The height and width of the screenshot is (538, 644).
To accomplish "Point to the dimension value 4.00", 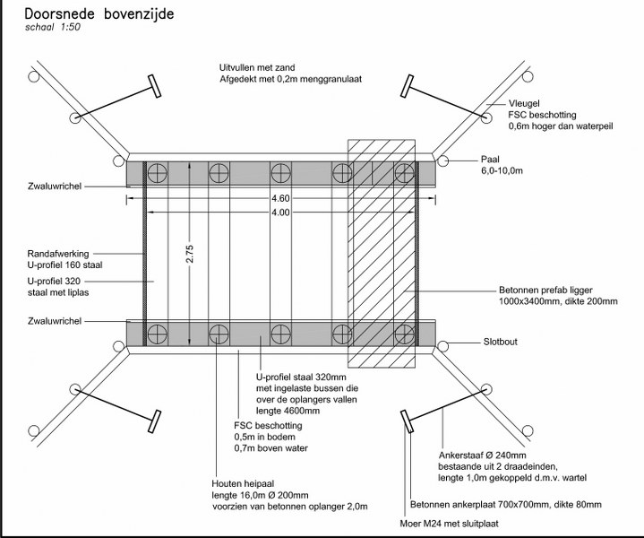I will (281, 213).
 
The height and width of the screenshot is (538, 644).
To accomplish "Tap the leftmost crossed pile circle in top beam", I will (159, 171).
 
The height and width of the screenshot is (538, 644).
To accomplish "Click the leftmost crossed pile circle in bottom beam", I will (159, 333).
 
